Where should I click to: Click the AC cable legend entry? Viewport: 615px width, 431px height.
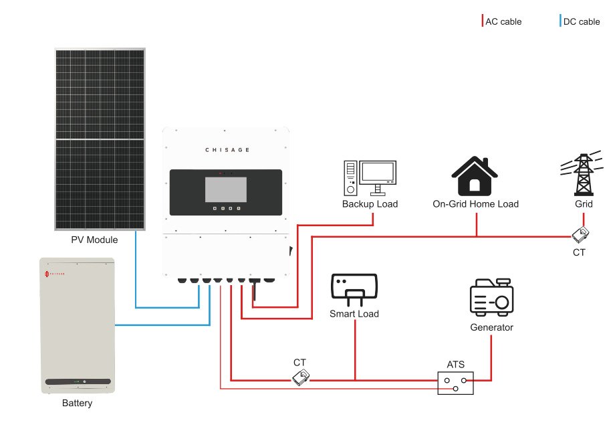pos(503,21)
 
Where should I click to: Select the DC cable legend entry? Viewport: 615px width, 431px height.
pos(581,21)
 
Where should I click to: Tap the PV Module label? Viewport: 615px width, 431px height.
pos(94,240)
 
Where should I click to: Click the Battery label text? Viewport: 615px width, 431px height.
pos(77,404)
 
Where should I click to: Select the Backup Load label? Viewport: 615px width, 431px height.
pos(370,204)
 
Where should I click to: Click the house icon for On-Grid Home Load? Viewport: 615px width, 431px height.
pos(475,175)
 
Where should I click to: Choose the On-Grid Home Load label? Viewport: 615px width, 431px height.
pos(475,204)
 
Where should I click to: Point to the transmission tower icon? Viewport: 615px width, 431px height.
pos(583,173)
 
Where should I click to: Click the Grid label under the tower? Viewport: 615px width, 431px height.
pos(584,204)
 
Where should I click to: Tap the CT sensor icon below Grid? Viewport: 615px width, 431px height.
pos(580,235)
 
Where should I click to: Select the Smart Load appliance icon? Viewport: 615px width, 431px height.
pos(354,288)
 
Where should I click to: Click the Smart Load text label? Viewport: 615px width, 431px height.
pos(354,314)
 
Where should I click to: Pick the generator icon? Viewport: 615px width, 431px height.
pos(491,298)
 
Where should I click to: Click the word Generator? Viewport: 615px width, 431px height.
pos(492,327)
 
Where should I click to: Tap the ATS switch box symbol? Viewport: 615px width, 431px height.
pos(455,383)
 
